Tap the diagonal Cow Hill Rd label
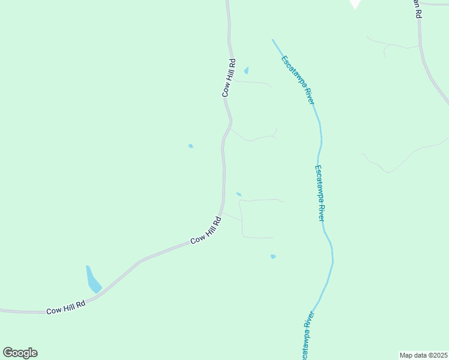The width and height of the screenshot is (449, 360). pos(206,230)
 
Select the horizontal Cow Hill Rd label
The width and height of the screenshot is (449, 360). pos(66,308)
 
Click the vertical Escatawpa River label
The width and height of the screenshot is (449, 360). pos(321,192)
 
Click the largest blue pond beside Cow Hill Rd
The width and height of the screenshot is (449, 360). pos(93,280)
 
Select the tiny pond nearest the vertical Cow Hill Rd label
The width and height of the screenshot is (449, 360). pos(246,70)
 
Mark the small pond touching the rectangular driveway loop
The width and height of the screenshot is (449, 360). pos(238,194)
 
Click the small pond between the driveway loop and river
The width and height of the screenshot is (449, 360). pos(273,256)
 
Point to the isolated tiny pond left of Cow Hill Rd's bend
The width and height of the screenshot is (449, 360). pos(191,146)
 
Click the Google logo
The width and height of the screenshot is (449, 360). pos(20,353)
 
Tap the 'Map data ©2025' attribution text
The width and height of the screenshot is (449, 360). pos(423,355)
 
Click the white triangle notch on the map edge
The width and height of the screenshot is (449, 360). pos(355,4)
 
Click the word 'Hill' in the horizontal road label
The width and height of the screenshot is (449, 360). pos(66,307)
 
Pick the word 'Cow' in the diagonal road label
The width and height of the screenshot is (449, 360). pos(196,239)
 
